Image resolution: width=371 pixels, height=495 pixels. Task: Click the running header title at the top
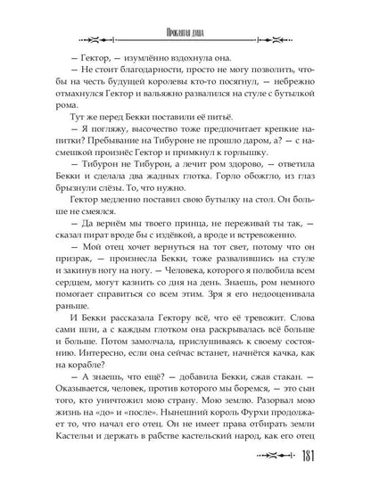185,13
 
